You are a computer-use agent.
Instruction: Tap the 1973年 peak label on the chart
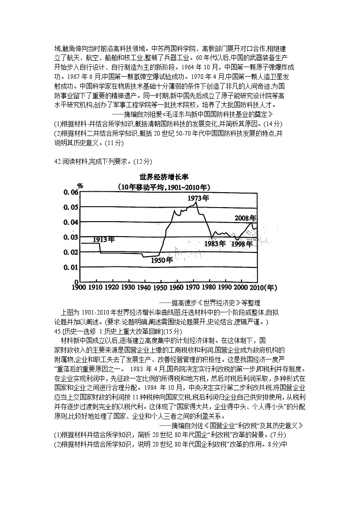pyautogui.click(x=199, y=198)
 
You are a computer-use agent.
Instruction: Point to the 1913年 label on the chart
pyautogui.click(x=104, y=239)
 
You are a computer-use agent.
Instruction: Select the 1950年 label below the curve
pyautogui.click(x=162, y=260)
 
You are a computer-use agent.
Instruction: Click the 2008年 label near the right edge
pyautogui.click(x=245, y=218)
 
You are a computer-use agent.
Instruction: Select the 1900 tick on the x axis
pyautogui.click(x=79, y=287)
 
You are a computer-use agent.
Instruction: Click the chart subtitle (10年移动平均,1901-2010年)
pyautogui.click(x=161, y=187)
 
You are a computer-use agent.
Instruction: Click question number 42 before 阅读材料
pyautogui.click(x=58, y=161)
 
